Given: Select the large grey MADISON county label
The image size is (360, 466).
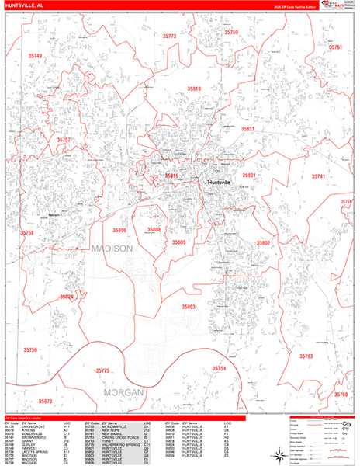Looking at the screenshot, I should (112, 249).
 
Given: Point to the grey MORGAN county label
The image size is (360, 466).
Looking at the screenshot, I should (123, 392).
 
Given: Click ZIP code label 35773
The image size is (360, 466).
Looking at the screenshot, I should (169, 37).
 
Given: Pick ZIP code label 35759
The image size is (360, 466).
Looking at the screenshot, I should (231, 33).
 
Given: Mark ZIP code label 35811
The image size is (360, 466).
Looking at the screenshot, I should (247, 129).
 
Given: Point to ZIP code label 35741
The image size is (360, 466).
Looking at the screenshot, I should (319, 177).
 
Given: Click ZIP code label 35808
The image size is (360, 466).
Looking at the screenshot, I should (154, 230).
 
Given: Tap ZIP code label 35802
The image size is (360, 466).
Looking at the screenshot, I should (265, 243).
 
